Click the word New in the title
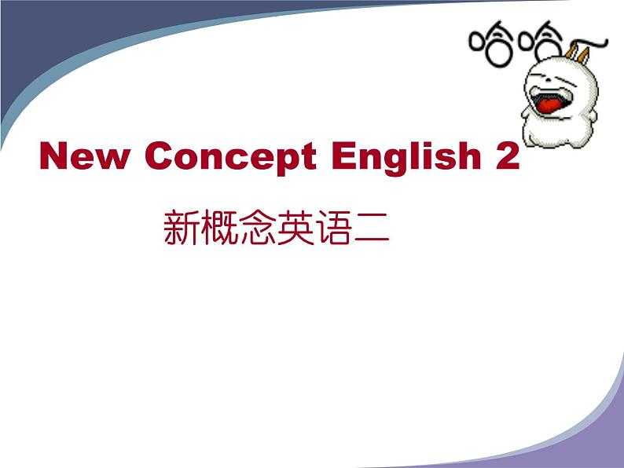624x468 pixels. point(84,155)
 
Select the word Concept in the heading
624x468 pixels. point(230,158)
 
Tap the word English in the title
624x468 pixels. point(406,158)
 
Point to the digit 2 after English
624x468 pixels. point(508,155)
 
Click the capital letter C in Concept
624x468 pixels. point(160,155)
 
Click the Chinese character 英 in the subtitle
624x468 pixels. point(295,228)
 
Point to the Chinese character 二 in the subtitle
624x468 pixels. point(371,229)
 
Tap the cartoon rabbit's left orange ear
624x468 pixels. point(571,51)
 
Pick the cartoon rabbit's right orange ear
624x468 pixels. point(584,55)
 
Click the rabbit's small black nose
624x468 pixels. point(548,81)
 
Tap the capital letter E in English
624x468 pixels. point(345,155)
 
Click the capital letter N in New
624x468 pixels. point(53,155)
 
